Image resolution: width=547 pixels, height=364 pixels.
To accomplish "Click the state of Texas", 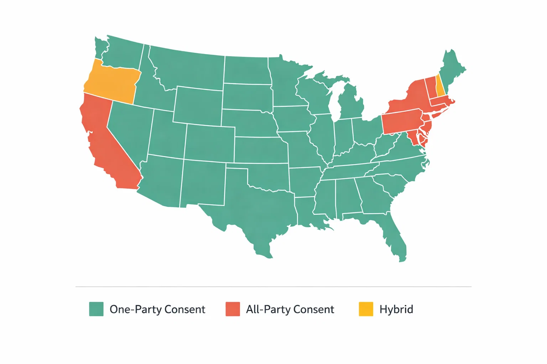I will tap(256, 206).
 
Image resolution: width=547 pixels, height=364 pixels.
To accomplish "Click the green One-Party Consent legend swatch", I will tap(96, 309).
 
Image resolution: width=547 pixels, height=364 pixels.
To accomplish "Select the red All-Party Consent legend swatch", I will tap(233, 309).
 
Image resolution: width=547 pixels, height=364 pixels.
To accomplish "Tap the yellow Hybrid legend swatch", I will tap(366, 309).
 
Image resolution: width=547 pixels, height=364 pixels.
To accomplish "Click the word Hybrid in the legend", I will tap(396, 309).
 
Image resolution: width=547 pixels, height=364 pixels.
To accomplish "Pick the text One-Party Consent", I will tap(157, 309).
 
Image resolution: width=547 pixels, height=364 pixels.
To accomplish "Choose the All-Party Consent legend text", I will tap(290, 309).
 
